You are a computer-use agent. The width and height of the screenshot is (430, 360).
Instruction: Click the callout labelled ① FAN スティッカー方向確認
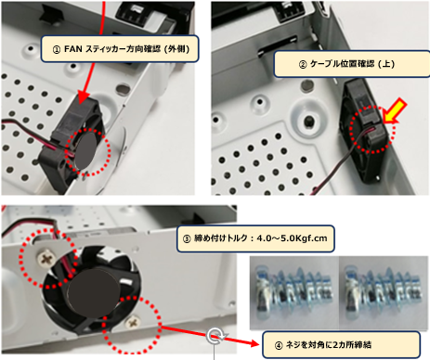(120, 49)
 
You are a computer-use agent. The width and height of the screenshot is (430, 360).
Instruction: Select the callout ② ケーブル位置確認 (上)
(352, 64)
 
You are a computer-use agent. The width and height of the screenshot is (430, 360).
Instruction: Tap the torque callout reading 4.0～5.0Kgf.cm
(255, 238)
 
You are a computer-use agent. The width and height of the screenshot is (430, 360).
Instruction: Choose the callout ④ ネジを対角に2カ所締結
(342, 345)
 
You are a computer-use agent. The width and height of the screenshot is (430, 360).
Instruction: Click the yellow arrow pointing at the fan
(394, 110)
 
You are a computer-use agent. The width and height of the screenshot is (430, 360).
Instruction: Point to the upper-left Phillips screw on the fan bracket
(47, 258)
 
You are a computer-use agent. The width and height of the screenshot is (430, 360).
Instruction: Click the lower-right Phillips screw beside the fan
(133, 322)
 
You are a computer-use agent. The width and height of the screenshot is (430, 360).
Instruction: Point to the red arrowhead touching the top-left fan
(84, 96)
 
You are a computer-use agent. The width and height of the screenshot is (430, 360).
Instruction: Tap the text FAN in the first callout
(73, 49)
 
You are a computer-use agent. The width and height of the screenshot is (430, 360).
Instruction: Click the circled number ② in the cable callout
(303, 64)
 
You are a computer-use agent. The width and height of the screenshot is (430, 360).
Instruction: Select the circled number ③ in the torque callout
(187, 238)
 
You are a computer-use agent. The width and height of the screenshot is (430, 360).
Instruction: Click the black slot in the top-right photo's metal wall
(278, 45)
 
